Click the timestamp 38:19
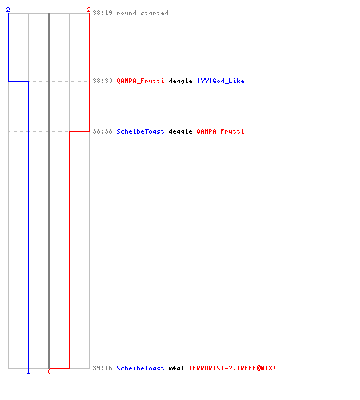[x=102, y=13]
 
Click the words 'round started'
[x=142, y=13]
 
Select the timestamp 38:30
[x=102, y=81]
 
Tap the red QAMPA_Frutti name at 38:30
[x=140, y=81]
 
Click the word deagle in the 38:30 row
[x=180, y=81]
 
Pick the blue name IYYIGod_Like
[x=221, y=81]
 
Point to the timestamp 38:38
[x=102, y=131]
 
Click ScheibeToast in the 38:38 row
[x=140, y=131]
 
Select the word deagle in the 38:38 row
[x=180, y=131]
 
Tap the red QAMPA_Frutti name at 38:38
[x=220, y=131]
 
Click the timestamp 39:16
[x=102, y=368]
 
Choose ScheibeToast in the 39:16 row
[x=140, y=368]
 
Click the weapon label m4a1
[x=176, y=368]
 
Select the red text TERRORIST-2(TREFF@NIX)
[x=232, y=368]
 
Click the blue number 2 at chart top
[x=8, y=10]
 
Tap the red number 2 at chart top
[x=89, y=10]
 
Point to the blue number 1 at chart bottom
[x=28, y=371]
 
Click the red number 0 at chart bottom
[x=49, y=371]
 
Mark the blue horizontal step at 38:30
[x=18, y=81]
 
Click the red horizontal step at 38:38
[x=79, y=131]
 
